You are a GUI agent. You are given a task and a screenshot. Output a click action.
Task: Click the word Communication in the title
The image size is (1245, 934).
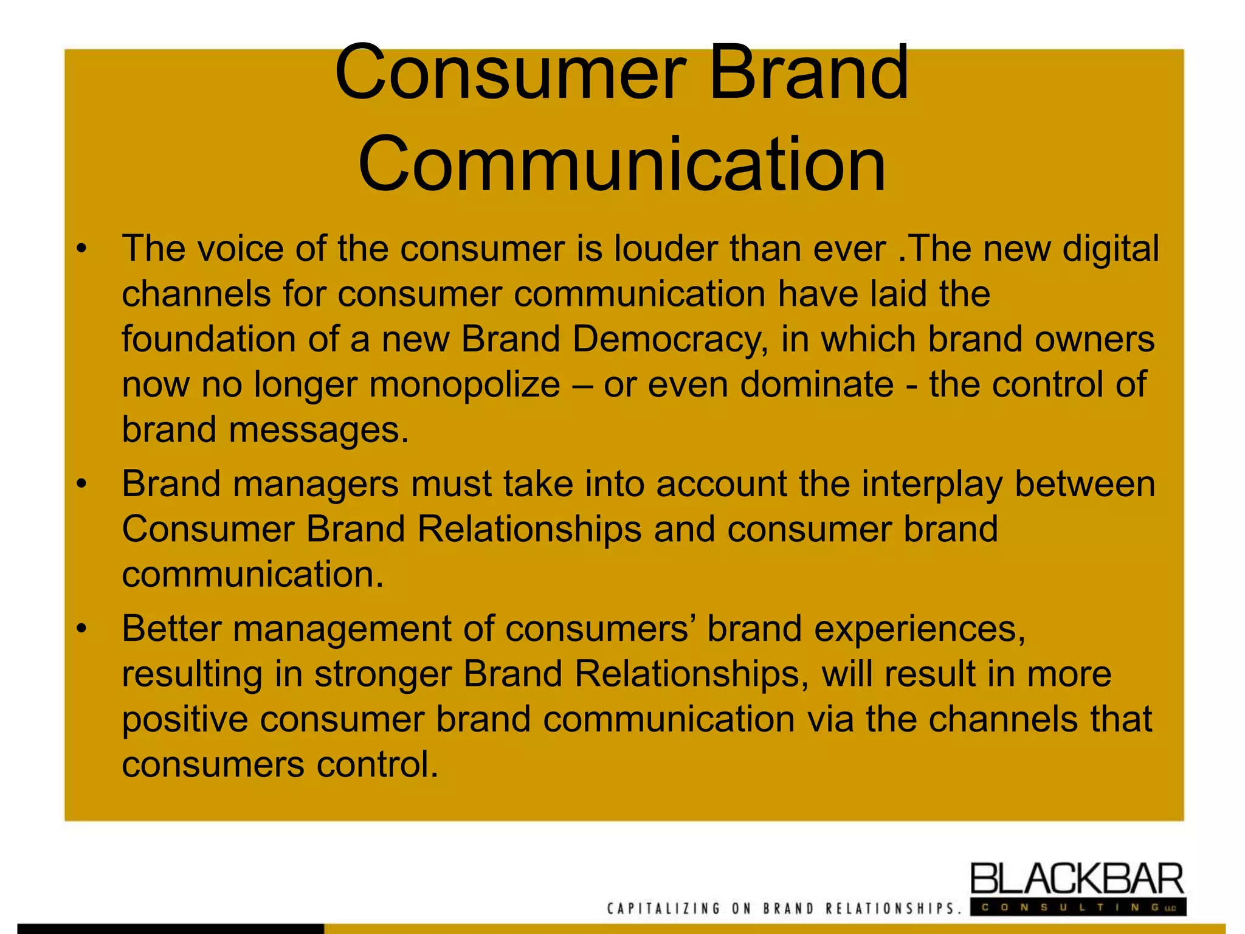pos(621,164)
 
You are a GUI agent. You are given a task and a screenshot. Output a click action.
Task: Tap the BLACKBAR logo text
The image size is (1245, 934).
pos(1077,879)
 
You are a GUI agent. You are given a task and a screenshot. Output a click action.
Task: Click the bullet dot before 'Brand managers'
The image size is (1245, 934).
pos(82,485)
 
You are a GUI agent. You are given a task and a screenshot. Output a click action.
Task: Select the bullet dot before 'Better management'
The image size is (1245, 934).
pos(82,629)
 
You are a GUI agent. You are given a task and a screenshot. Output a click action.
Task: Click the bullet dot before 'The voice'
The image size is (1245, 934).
pos(82,249)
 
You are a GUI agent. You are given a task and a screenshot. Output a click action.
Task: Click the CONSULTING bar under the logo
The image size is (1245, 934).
pos(1077,907)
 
